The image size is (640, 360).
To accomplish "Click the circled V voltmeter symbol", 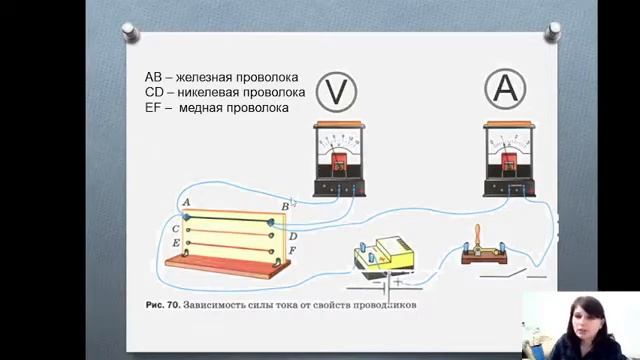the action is pyautogui.click(x=336, y=91).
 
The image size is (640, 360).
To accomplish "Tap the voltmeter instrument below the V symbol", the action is pyautogui.click(x=337, y=157).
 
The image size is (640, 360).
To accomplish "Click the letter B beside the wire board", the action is pyautogui.click(x=285, y=206).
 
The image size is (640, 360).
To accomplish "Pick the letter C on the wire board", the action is pyautogui.click(x=176, y=229).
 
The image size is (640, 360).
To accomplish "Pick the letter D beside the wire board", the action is pyautogui.click(x=293, y=236).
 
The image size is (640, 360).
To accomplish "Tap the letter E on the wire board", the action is pyautogui.click(x=176, y=243).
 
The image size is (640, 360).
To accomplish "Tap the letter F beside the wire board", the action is pyautogui.click(x=292, y=249).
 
